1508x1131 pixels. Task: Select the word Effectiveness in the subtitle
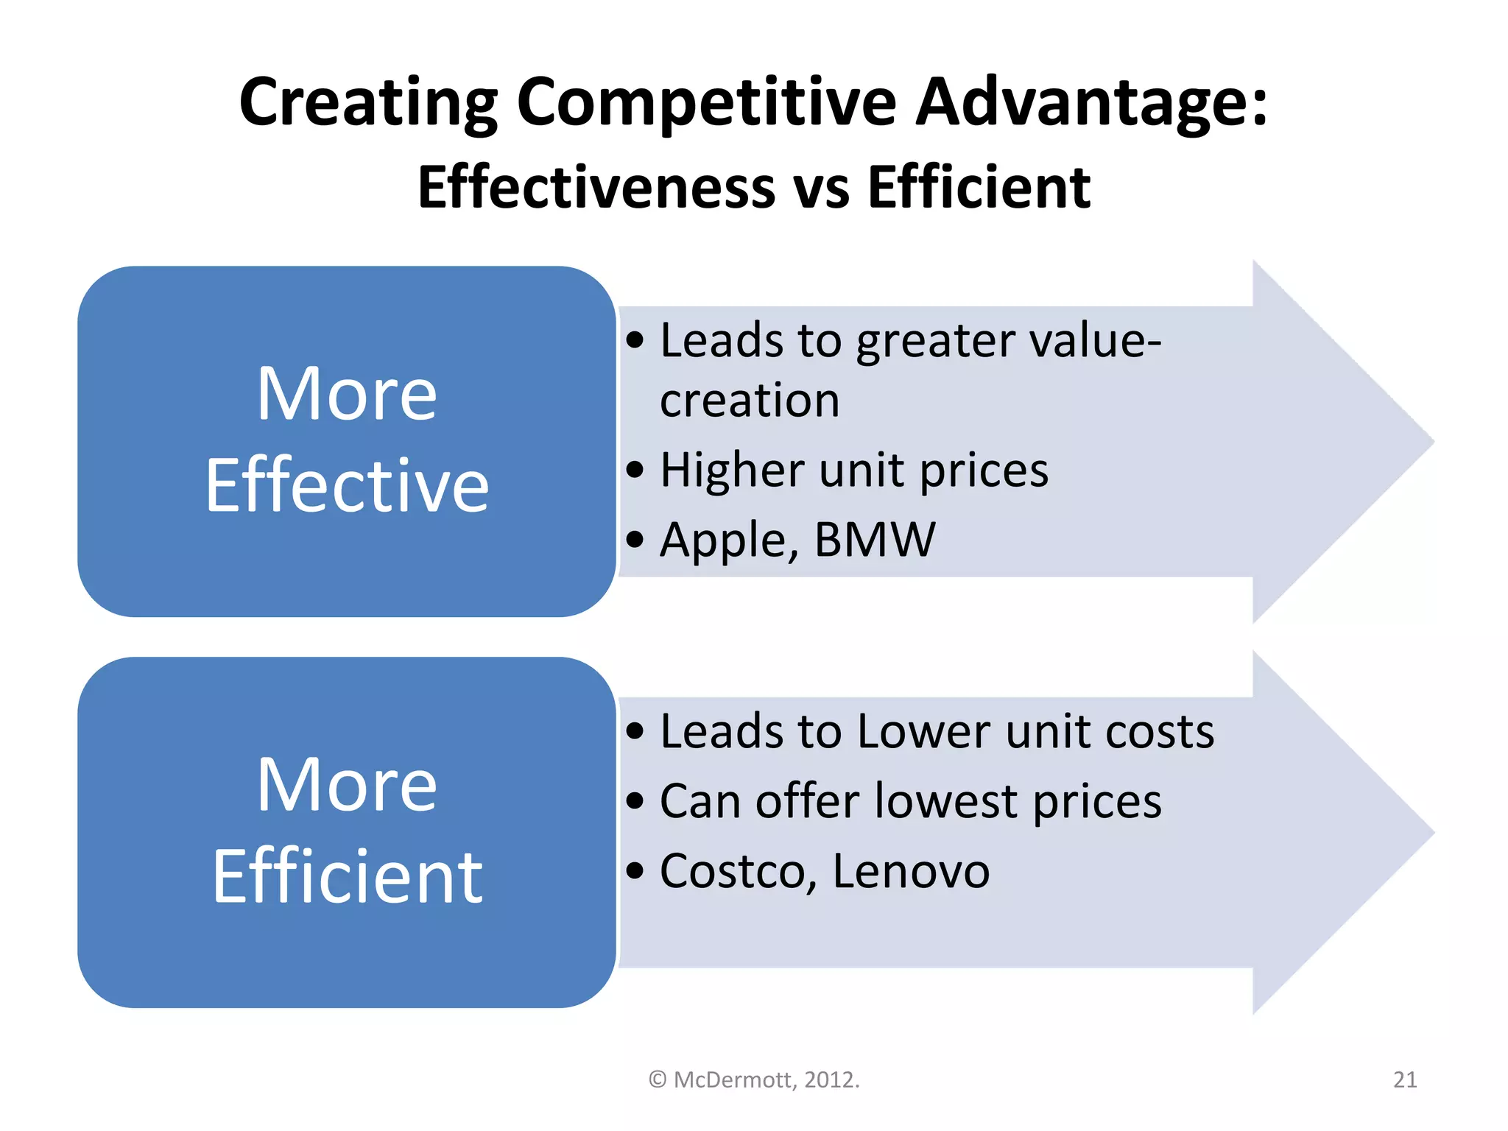coord(596,188)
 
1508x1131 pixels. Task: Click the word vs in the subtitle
coord(821,189)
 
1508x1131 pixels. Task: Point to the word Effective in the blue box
coord(347,485)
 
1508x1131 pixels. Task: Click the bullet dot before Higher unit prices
coord(635,470)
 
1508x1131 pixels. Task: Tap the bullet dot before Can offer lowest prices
coord(635,801)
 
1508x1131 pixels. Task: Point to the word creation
coord(750,401)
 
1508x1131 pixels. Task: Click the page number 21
coord(1405,1079)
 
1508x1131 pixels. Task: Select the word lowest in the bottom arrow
coord(946,801)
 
